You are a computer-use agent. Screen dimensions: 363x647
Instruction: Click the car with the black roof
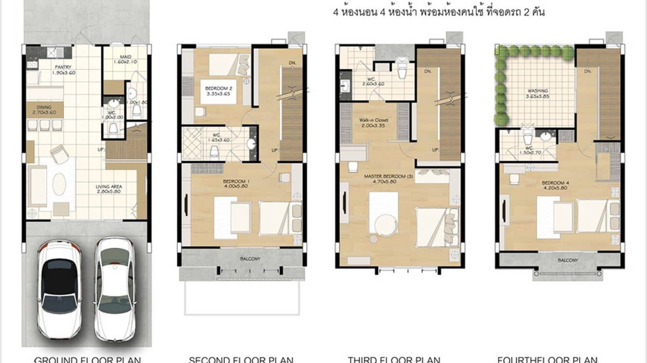59,289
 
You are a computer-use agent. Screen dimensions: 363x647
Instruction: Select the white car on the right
115,289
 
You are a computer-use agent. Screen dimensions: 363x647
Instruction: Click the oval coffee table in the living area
59,184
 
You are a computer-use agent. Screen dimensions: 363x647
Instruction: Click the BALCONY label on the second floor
250,259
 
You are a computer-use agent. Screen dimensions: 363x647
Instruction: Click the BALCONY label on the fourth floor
568,260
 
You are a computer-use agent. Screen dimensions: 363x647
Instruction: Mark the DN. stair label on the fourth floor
587,71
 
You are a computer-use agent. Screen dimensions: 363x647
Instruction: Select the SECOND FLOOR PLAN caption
241,359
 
